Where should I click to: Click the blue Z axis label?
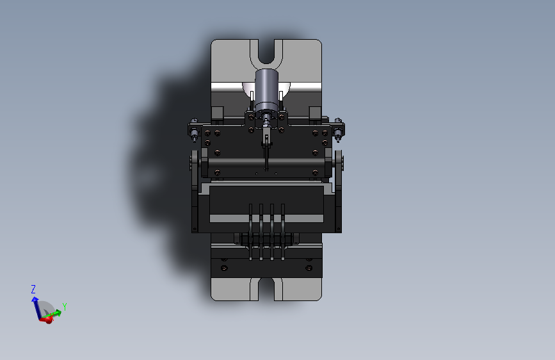[33, 289]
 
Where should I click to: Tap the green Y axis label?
[65, 306]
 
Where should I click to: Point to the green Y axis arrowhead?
[58, 312]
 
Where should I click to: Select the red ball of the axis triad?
[49, 320]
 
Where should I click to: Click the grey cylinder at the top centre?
[266, 90]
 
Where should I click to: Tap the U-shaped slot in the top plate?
[266, 53]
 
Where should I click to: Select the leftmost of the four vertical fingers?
[250, 232]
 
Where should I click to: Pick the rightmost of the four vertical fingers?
[282, 232]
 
